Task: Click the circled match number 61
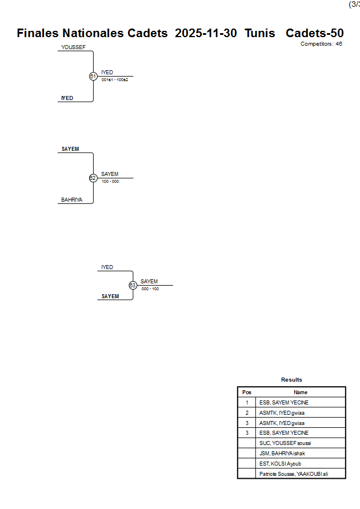(x=93, y=76)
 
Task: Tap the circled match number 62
(x=93, y=178)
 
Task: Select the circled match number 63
(x=133, y=285)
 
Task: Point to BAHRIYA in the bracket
(x=72, y=200)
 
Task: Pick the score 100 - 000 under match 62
(x=110, y=182)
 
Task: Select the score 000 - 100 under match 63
(x=150, y=288)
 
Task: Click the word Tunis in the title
(x=259, y=33)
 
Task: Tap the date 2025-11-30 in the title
(x=206, y=33)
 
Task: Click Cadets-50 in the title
(x=314, y=33)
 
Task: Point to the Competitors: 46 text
(x=321, y=43)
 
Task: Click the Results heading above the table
(x=291, y=379)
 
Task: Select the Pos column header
(x=247, y=392)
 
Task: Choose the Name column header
(x=301, y=392)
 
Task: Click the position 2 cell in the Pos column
(x=247, y=412)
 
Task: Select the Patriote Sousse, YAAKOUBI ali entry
(x=294, y=474)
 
